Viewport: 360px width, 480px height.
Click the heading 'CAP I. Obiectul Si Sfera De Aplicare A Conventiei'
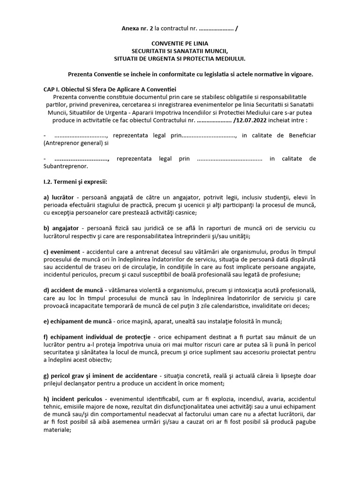(110, 89)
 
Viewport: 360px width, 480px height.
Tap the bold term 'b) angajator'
(61, 228)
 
